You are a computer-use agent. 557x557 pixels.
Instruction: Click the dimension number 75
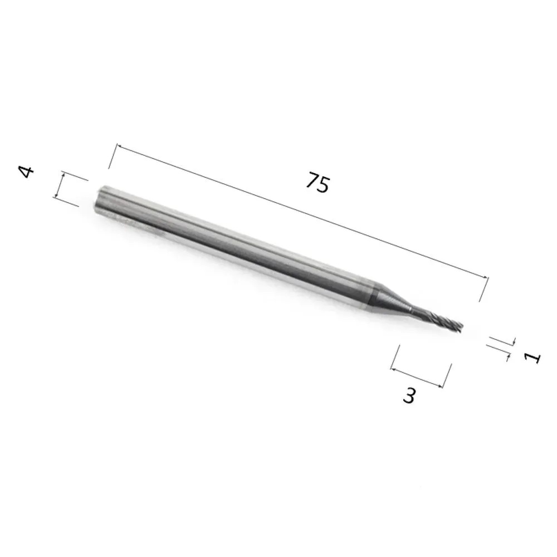[x=317, y=183]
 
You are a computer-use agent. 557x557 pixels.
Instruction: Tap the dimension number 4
[x=26, y=172]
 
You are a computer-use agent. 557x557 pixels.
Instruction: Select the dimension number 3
[x=409, y=395]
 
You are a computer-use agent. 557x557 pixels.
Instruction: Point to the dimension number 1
[x=532, y=358]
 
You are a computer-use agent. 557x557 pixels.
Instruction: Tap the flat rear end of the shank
[x=100, y=200]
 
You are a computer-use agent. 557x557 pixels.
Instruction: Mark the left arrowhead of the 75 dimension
[x=119, y=146]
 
